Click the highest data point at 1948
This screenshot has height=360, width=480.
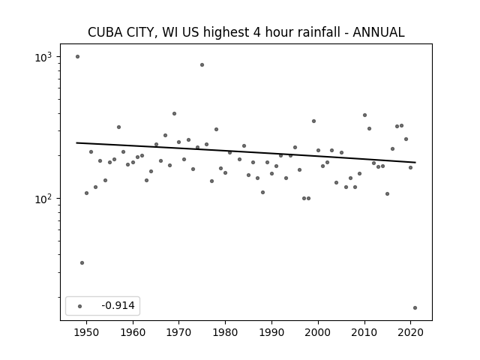coord(77,57)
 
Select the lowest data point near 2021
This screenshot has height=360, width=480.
coord(415,308)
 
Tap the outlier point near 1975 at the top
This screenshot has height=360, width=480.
coord(202,65)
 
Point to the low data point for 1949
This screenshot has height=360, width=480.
coord(82,263)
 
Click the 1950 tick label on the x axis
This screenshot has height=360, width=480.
coord(87,333)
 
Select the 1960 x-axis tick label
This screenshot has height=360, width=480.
coord(133,333)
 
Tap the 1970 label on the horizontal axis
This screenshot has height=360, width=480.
coord(178,333)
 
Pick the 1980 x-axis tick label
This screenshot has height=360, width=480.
coord(225,333)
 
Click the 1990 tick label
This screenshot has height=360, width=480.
coord(271,333)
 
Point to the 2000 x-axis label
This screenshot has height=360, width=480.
coord(318,333)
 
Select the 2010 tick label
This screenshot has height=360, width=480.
coord(364,333)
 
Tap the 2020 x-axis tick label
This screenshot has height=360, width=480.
coord(410,333)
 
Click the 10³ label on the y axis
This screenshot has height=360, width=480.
coord(43,57)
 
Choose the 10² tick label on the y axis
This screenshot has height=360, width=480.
coord(43,199)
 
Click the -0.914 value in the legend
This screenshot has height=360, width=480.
coord(118,305)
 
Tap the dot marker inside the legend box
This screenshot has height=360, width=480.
coord(80,306)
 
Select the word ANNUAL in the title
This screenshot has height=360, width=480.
coord(379,32)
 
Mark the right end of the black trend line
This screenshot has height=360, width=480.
coord(415,162)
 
